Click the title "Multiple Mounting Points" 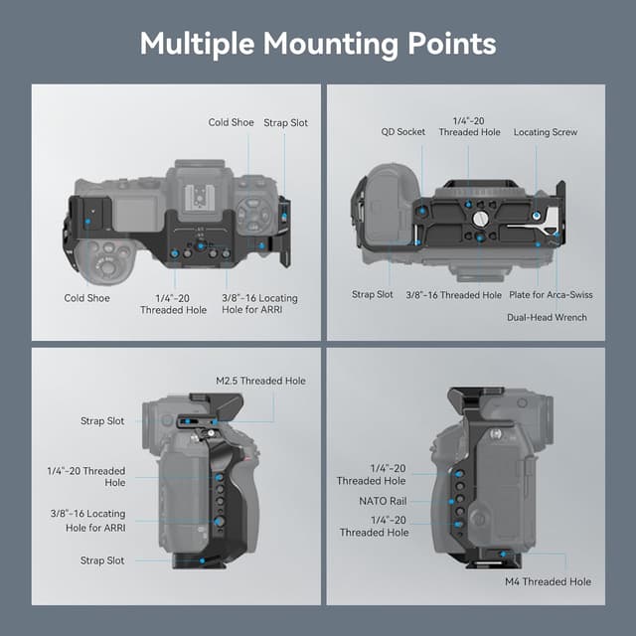point(317,44)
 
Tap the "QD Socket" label point(403,131)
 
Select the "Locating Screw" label point(545,131)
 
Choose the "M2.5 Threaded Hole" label point(260,381)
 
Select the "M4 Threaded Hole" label point(547,581)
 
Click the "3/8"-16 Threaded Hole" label point(453,295)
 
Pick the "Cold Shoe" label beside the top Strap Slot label point(231,122)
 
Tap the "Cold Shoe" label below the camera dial point(86,297)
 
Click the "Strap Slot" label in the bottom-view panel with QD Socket point(373,295)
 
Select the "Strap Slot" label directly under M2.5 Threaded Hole point(102,421)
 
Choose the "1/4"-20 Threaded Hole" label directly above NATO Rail point(372,474)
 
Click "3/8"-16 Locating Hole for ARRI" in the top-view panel point(260,304)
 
